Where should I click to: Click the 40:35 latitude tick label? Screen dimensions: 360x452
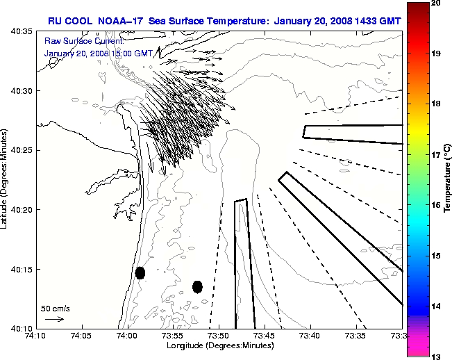click(x=21, y=32)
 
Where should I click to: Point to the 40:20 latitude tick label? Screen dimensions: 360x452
click(x=21, y=210)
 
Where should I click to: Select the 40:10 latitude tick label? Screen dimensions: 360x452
click(x=21, y=328)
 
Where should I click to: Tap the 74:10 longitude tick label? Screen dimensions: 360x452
click(x=35, y=336)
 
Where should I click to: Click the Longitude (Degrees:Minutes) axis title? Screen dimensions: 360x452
click(x=219, y=345)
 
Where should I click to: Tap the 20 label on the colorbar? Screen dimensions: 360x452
click(x=436, y=3)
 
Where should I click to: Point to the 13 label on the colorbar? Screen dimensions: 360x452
click(x=436, y=355)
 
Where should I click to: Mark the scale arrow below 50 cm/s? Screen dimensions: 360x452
click(x=55, y=319)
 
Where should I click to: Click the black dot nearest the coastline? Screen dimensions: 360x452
click(x=140, y=272)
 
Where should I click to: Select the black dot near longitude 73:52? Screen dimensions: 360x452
click(x=197, y=286)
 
